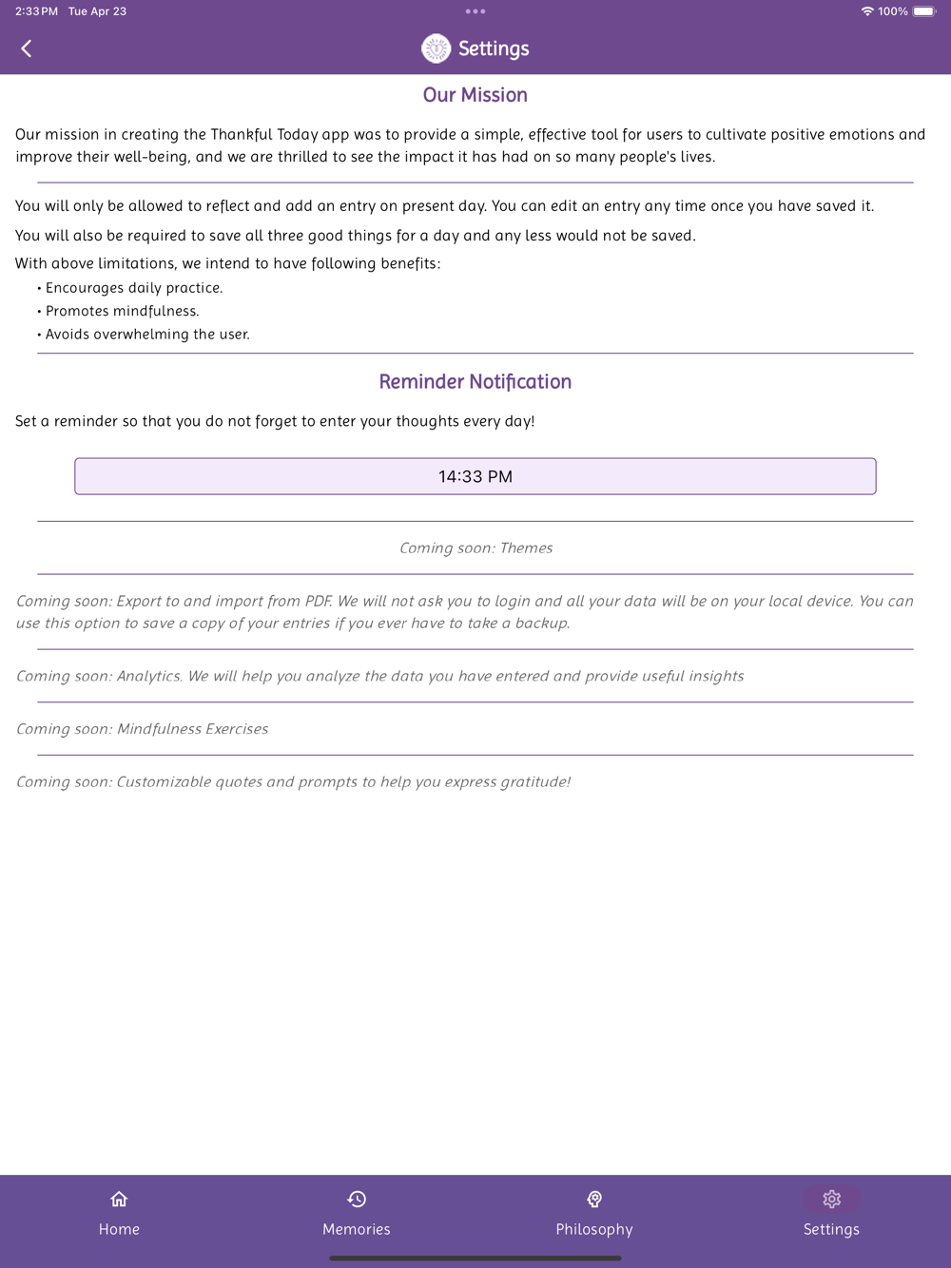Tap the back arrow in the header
pyautogui.click(x=27, y=48)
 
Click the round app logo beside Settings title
pyautogui.click(x=436, y=48)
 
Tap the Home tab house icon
pyautogui.click(x=119, y=1200)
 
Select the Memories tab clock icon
pyautogui.click(x=357, y=1200)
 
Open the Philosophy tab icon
pyautogui.click(x=594, y=1200)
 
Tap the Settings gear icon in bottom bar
pyautogui.click(x=831, y=1200)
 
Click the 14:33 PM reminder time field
pyautogui.click(x=475, y=476)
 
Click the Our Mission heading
pyautogui.click(x=475, y=95)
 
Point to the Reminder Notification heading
pyautogui.click(x=475, y=382)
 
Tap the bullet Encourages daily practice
pyautogui.click(x=134, y=288)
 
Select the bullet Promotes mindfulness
pyautogui.click(x=123, y=311)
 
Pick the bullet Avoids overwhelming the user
pyautogui.click(x=147, y=335)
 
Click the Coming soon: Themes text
pyautogui.click(x=475, y=548)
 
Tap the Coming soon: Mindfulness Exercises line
pyautogui.click(x=143, y=729)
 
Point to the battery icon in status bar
pyautogui.click(x=924, y=11)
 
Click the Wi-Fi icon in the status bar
pyautogui.click(x=867, y=11)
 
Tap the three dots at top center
pyautogui.click(x=475, y=11)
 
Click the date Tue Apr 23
pyautogui.click(x=97, y=11)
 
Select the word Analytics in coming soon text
pyautogui.click(x=149, y=676)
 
